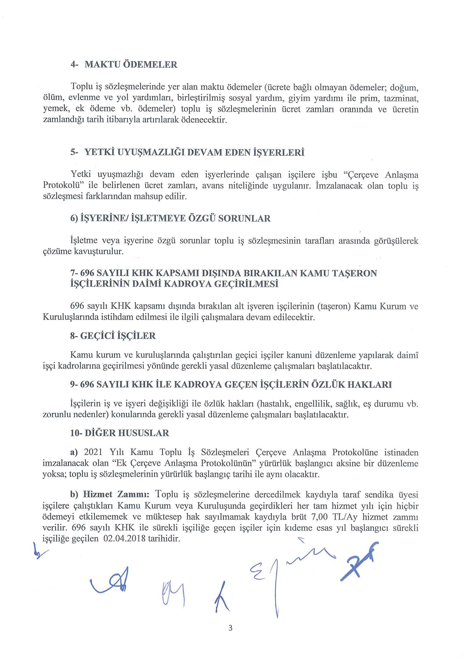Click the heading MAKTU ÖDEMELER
pyautogui.click(x=131, y=64)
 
